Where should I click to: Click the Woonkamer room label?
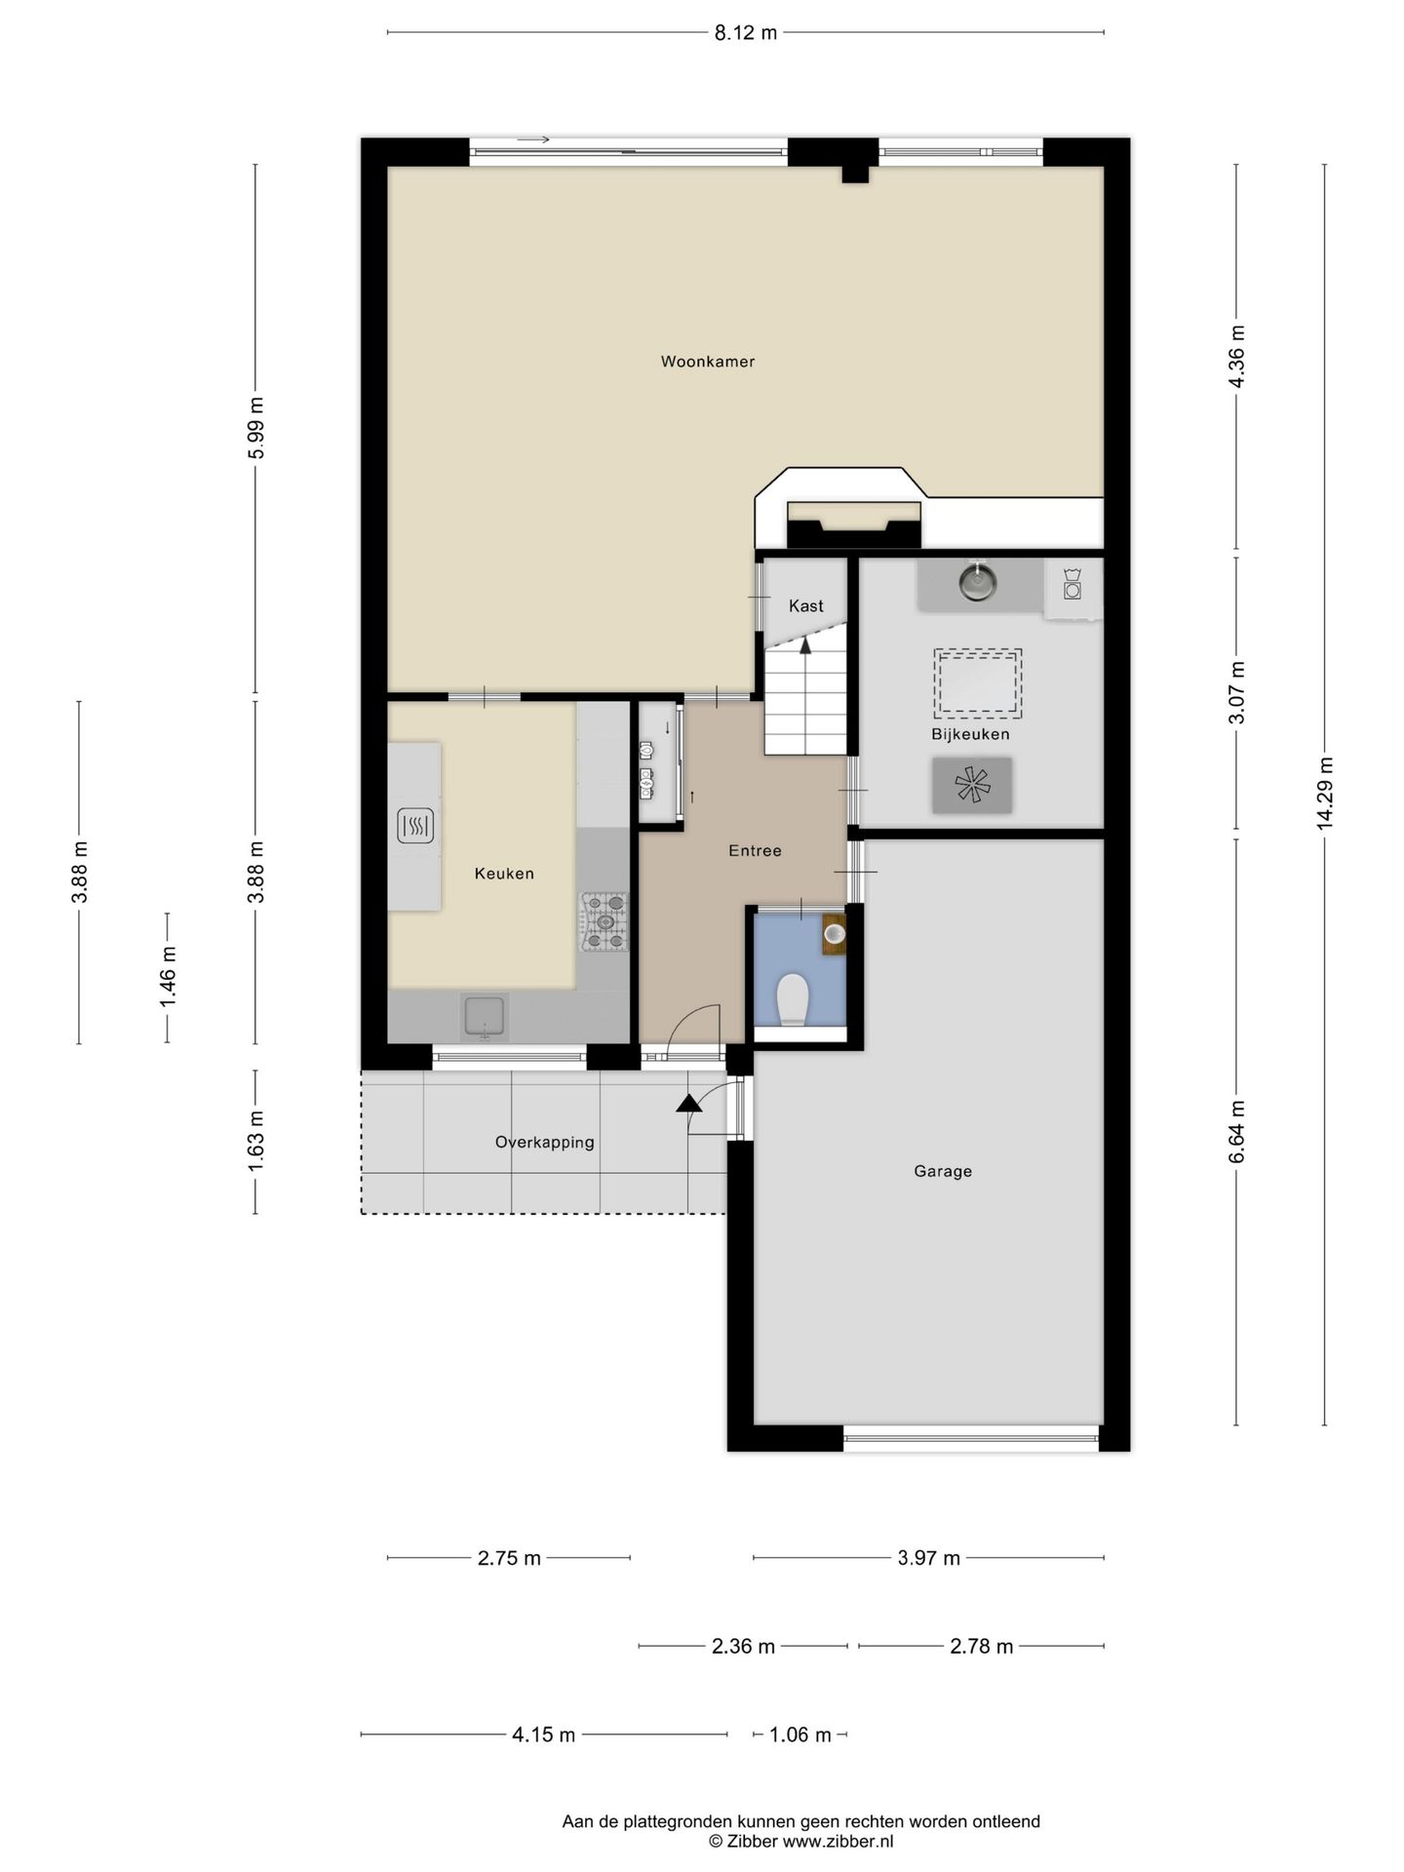(x=708, y=362)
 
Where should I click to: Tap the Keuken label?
(x=504, y=874)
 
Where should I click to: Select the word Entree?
(x=755, y=851)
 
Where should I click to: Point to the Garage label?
(x=943, y=1171)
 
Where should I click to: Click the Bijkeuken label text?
(x=970, y=734)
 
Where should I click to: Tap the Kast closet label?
(x=806, y=605)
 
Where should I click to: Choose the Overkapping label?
(x=544, y=1143)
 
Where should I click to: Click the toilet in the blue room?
(x=793, y=998)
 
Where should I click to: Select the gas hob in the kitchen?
(x=604, y=921)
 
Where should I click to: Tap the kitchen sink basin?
(x=485, y=1016)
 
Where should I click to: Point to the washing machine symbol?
(x=1072, y=582)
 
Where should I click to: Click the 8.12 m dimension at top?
(x=746, y=33)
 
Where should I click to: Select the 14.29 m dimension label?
(x=1324, y=794)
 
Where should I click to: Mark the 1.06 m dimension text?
(x=800, y=1735)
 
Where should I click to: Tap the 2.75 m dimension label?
(x=509, y=1558)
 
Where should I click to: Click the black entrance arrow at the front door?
(x=689, y=1103)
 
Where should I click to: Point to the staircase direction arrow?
(x=805, y=645)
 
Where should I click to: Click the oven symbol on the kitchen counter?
(x=415, y=827)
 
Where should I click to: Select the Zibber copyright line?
(x=800, y=1842)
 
